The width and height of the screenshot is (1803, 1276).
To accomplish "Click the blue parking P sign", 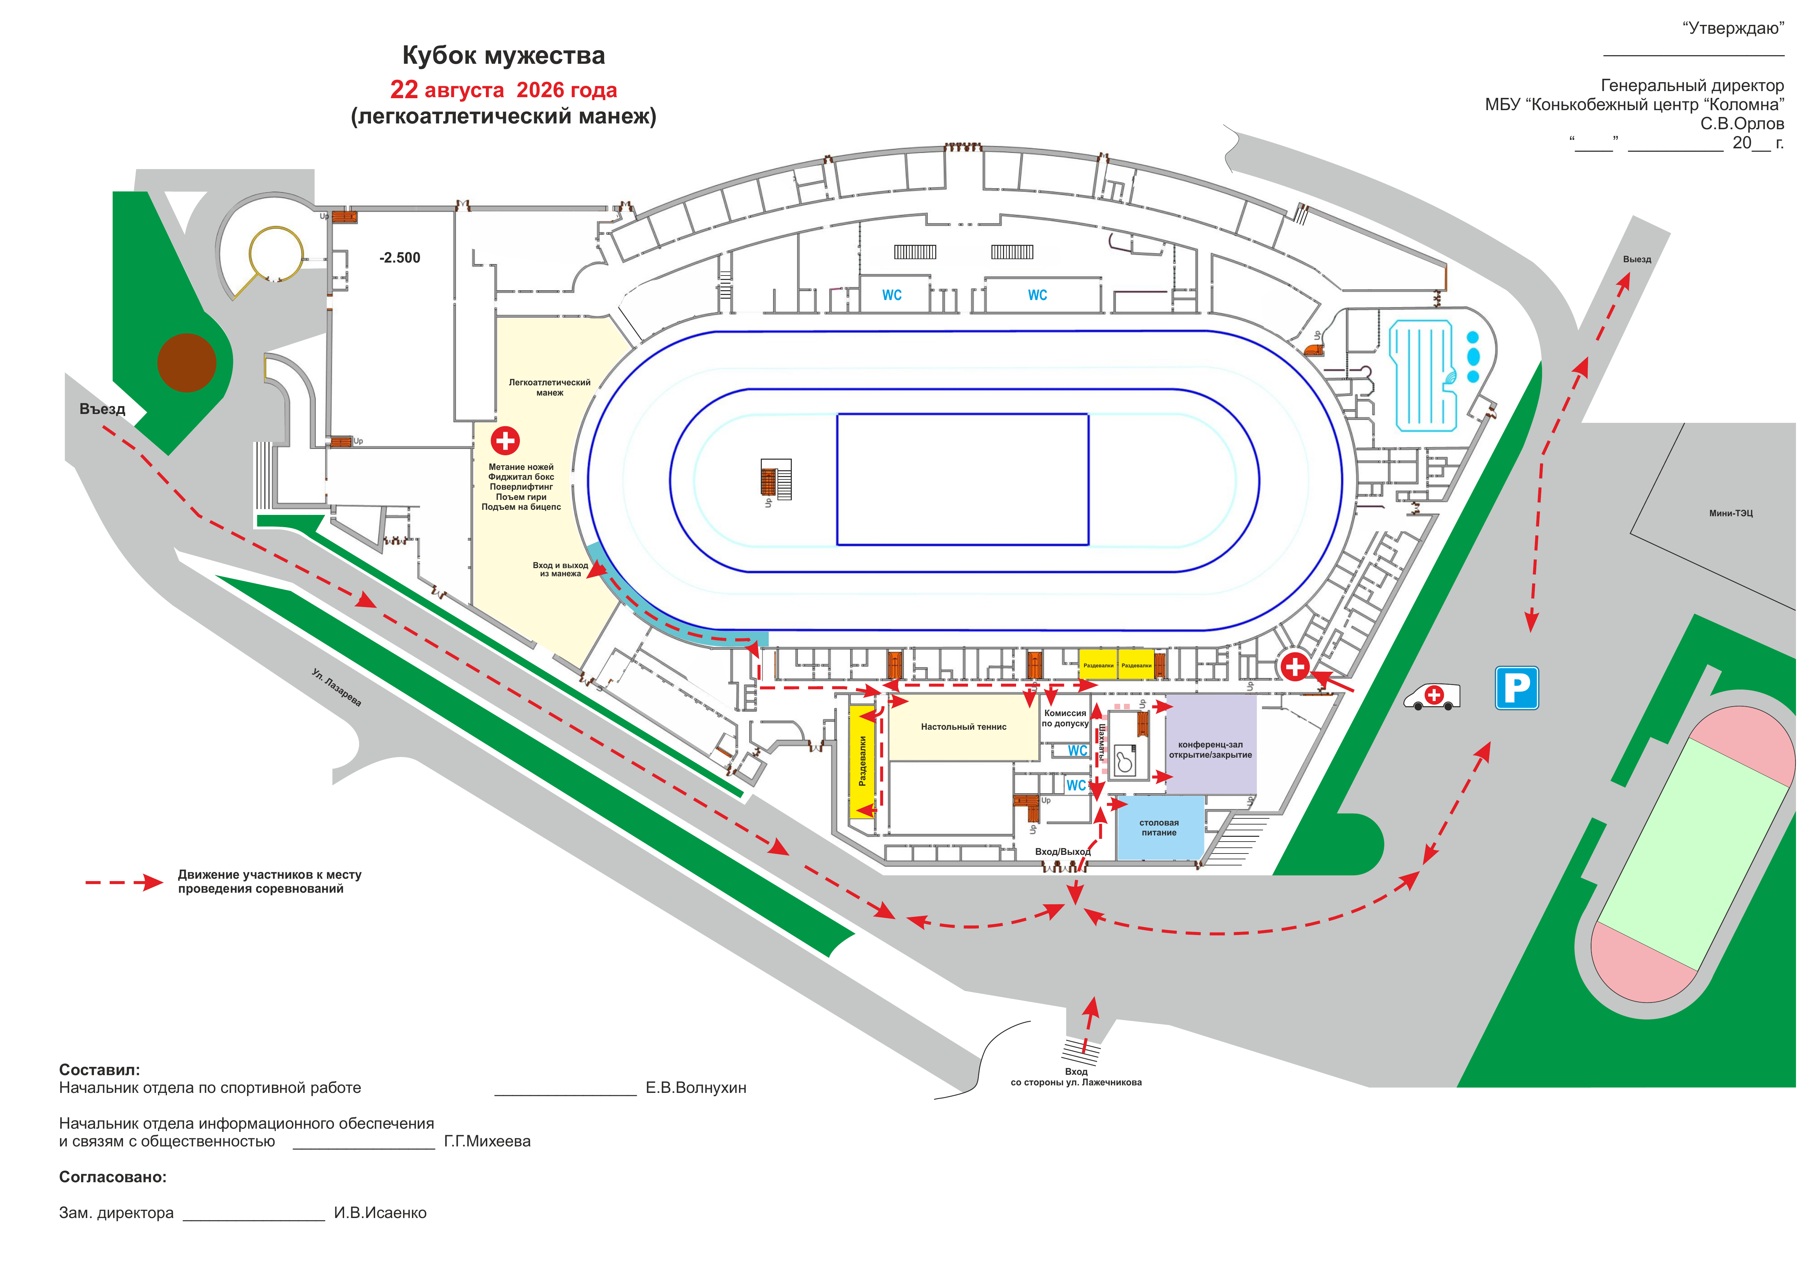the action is tap(1516, 688).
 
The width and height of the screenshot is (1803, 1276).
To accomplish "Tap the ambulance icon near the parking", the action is tap(1432, 696).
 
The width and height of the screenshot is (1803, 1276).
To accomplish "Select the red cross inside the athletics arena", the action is tap(505, 441).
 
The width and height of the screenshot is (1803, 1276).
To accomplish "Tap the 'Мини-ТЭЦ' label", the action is tap(1731, 513).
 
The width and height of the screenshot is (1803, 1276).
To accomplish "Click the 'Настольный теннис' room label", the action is tap(964, 727).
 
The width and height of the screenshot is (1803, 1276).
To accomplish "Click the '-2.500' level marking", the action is tap(400, 258).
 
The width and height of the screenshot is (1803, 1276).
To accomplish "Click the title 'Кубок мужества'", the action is tap(503, 56).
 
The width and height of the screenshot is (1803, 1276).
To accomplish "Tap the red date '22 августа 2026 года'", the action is tap(503, 90).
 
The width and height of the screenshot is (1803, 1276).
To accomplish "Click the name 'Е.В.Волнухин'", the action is tap(696, 1088).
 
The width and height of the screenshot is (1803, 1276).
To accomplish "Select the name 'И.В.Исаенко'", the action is tap(380, 1213).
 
